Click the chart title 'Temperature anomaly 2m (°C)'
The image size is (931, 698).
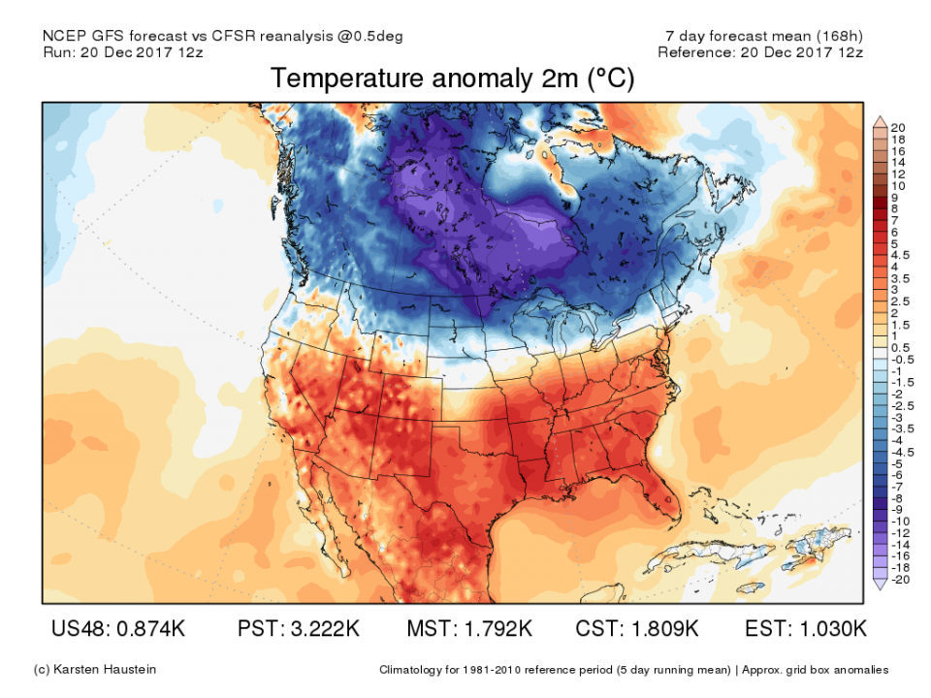[x=452, y=79]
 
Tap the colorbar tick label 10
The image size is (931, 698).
[x=897, y=185]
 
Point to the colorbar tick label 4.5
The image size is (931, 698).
[x=899, y=255]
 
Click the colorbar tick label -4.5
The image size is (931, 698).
[x=899, y=452]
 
